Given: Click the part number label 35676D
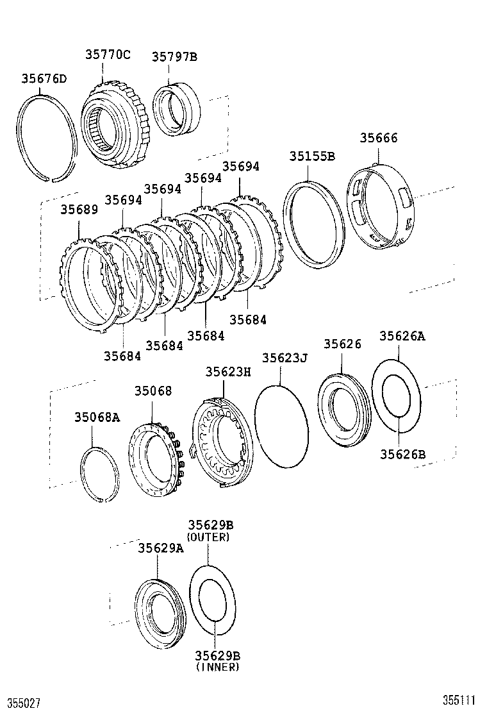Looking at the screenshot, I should coord(44,79).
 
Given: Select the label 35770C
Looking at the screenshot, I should coord(108,55).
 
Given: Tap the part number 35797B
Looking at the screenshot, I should coord(174,56).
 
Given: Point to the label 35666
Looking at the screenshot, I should coord(378,138).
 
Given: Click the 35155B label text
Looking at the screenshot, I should coord(312,156).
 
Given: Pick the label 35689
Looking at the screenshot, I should coord(79,209).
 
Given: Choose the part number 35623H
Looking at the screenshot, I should coord(228,371).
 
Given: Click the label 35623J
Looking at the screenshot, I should coord(285,358).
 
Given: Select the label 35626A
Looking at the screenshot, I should coord(402,335).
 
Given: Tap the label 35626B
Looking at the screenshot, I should coord(402,454).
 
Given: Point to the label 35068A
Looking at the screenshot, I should coord(96,417).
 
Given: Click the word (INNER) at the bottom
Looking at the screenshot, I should coord(217,667).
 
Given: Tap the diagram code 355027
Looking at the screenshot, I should coord(23,703).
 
